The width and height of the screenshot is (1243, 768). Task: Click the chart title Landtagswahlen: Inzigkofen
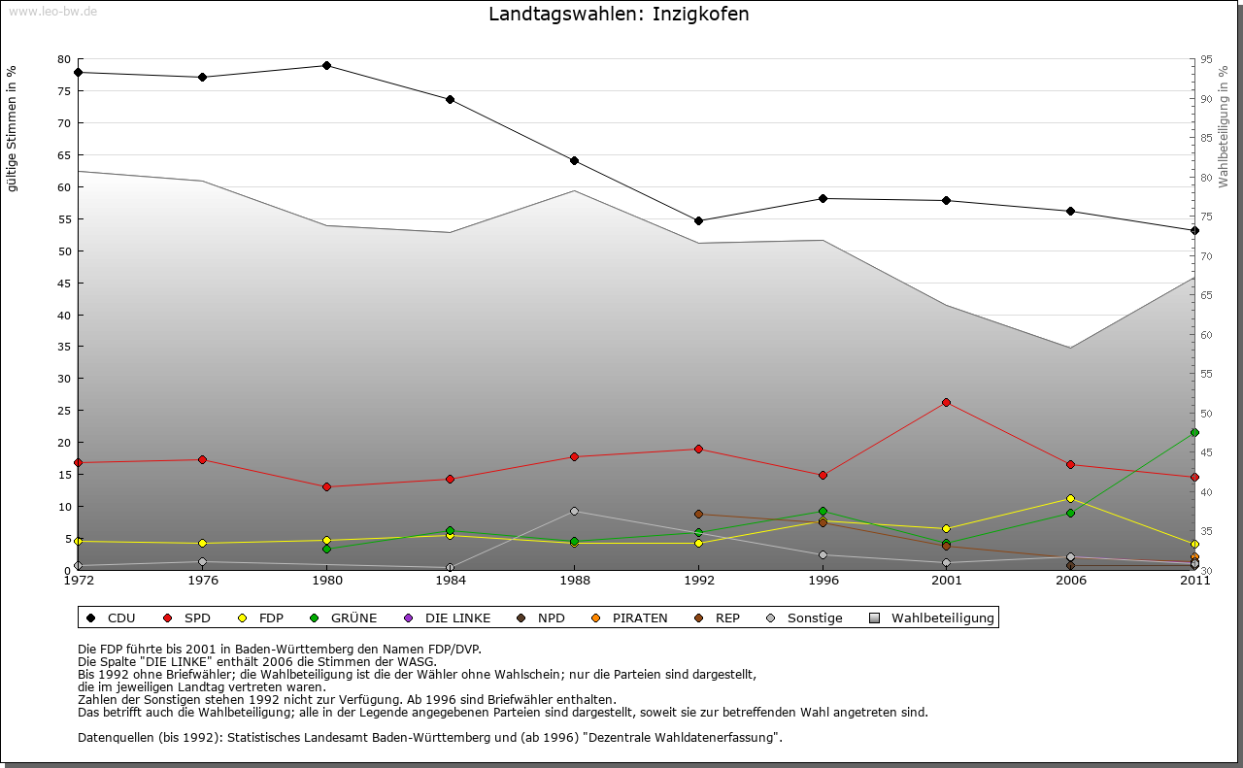619,15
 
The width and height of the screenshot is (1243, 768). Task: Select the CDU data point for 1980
326,66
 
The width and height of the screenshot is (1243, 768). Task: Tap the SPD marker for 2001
947,402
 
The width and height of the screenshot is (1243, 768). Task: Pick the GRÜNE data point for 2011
1194,433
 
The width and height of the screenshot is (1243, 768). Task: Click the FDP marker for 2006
1070,499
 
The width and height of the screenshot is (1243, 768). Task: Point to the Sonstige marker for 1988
575,512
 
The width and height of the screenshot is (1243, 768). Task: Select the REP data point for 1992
699,515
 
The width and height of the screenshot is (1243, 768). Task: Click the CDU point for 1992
699,221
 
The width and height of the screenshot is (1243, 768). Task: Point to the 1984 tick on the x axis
451,581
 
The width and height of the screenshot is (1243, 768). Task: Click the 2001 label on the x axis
947,581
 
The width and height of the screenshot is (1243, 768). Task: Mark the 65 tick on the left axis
65,155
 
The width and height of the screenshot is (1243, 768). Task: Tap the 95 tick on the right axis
1206,60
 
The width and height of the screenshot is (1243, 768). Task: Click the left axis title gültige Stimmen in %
13,129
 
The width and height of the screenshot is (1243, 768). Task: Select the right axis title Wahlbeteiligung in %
1224,127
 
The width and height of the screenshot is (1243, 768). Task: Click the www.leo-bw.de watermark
51,11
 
